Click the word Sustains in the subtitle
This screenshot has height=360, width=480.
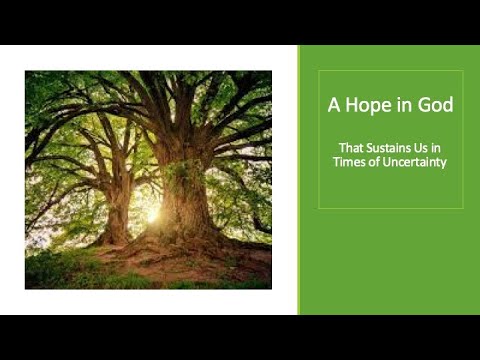click(x=384, y=146)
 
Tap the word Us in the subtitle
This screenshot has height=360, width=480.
click(x=419, y=146)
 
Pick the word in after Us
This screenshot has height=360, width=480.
click(x=436, y=146)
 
